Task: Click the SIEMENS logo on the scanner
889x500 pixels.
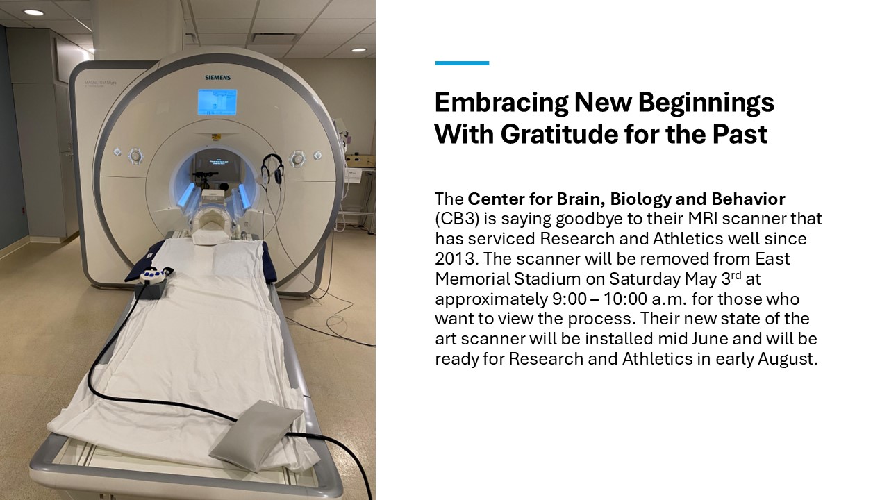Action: pos(217,77)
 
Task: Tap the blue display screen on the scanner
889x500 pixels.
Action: pos(217,102)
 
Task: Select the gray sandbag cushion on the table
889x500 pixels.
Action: pos(256,435)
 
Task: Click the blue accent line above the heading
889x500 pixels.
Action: pos(462,63)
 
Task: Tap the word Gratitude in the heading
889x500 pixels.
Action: pos(560,134)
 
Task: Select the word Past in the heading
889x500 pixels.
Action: pos(740,134)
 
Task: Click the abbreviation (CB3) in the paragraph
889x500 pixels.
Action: pos(457,219)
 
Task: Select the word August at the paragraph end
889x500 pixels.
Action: pos(788,359)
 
